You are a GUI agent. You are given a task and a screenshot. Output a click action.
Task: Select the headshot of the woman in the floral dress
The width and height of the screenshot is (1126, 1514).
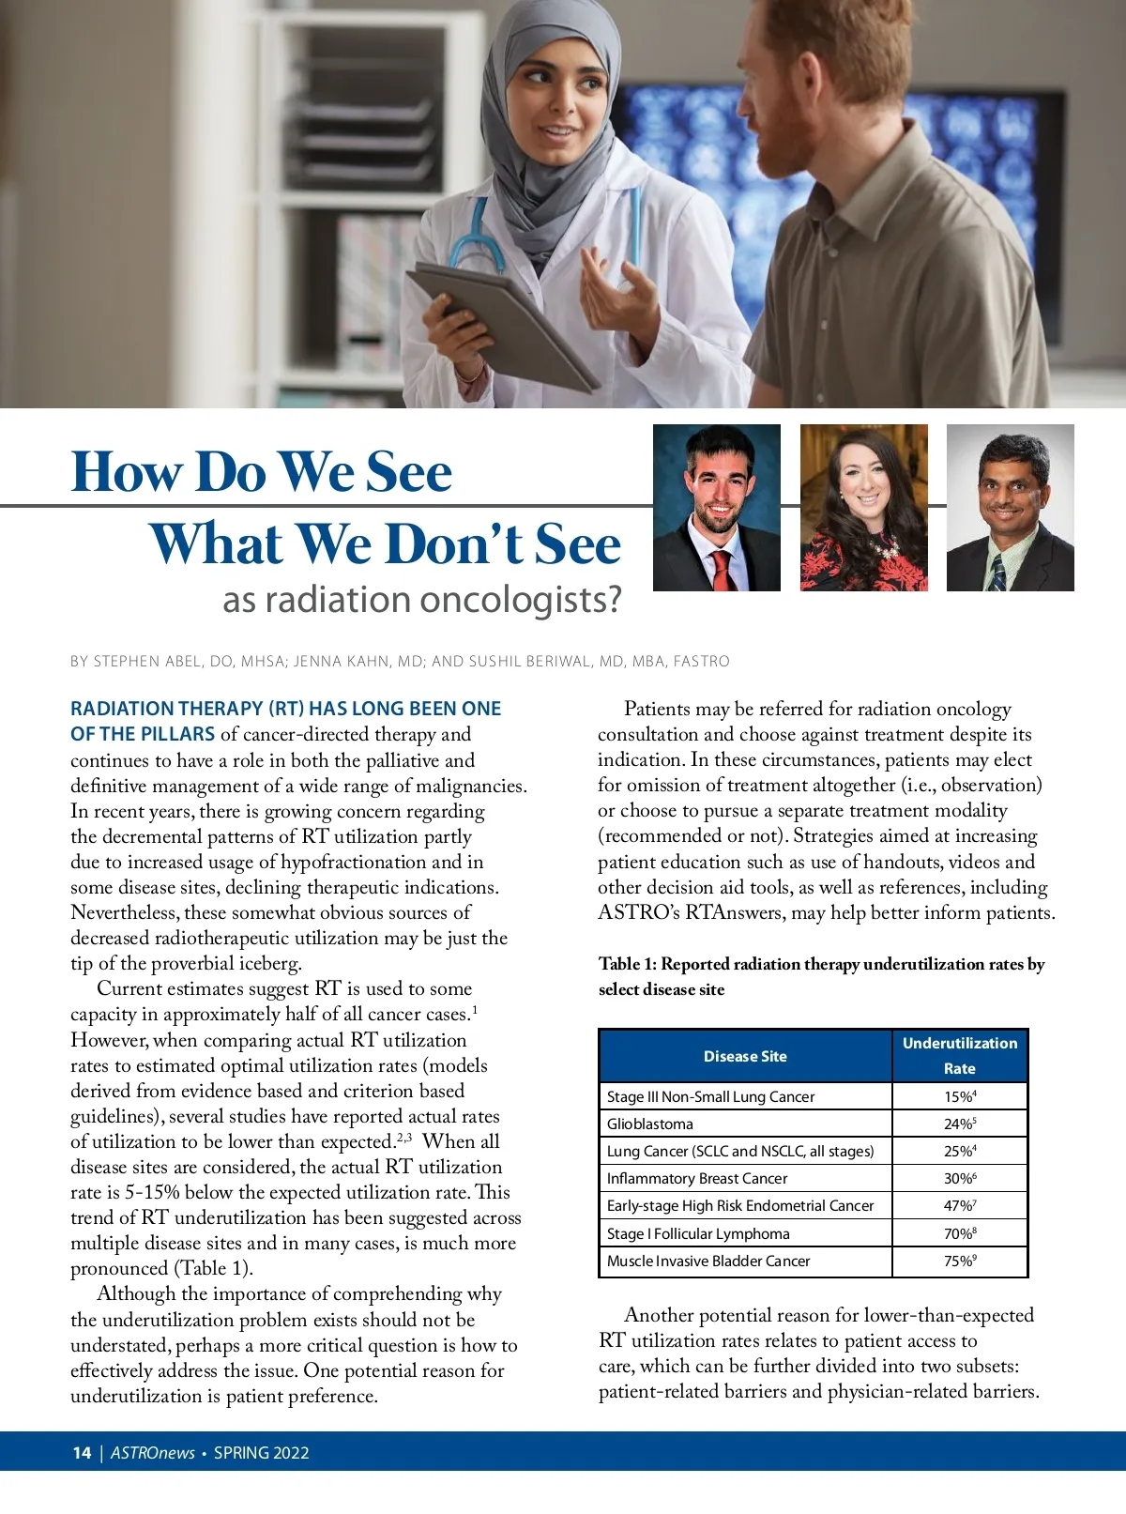point(863,508)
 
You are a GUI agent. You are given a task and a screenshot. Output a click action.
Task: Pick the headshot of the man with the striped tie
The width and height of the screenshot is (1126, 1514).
point(1010,508)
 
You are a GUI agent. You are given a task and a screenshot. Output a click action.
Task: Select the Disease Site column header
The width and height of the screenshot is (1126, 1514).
point(745,1056)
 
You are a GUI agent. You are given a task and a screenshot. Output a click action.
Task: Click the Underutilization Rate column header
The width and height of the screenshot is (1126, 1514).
point(959,1056)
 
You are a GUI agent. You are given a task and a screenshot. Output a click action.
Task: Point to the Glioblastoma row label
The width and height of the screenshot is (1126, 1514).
point(649,1124)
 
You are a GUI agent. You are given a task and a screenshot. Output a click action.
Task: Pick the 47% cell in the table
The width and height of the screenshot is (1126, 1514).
point(959,1206)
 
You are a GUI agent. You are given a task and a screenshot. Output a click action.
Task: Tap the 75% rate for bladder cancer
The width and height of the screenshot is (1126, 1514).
point(959,1262)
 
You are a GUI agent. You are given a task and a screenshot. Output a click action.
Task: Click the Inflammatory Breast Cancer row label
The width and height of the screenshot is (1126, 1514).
point(697,1179)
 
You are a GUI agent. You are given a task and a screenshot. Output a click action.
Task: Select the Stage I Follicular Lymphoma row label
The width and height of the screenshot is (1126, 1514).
point(698,1234)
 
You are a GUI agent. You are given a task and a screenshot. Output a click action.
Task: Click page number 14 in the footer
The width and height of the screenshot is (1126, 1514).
point(82,1453)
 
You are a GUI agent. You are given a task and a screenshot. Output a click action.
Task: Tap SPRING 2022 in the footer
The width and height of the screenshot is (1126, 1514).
point(261,1453)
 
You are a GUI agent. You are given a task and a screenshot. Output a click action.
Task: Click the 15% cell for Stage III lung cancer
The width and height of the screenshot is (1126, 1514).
point(959,1096)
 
